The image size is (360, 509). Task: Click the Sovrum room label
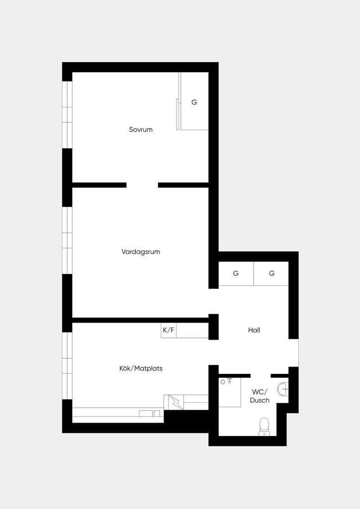pos(141,130)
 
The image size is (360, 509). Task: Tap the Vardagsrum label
pos(141,252)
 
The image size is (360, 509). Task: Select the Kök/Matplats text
pos(141,368)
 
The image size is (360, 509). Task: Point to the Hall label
pos(254,330)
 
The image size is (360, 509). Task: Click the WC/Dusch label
pos(260,396)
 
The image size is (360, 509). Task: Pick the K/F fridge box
pos(169,331)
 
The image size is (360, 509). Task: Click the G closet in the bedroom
pos(194,101)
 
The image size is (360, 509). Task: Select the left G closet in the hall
pos(236,273)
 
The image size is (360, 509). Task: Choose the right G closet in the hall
pos(271,273)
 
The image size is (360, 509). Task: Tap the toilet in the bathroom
pos(264,426)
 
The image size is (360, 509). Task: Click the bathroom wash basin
pos(283,389)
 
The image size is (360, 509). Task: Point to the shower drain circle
pos(223,382)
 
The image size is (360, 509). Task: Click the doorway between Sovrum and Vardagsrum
pos(142,185)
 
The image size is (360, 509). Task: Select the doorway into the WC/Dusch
pos(261,376)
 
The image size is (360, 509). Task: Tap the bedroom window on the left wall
pos(67,115)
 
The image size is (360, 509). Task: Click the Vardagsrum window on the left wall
pos(67,240)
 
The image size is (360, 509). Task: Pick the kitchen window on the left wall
pos(67,366)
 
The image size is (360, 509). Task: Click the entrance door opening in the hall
pos(293,353)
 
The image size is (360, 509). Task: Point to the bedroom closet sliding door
pos(178,114)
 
